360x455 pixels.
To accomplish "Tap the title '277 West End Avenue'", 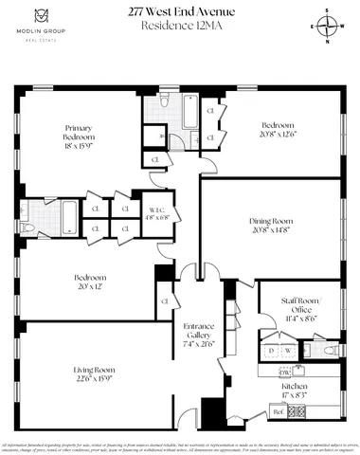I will tap(180, 12).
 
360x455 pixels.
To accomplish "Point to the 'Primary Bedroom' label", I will tap(79, 132).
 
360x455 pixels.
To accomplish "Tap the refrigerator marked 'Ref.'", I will tap(279, 411).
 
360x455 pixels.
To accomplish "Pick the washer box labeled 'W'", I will tap(287, 351).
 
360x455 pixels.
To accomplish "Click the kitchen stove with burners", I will tap(298, 411).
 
